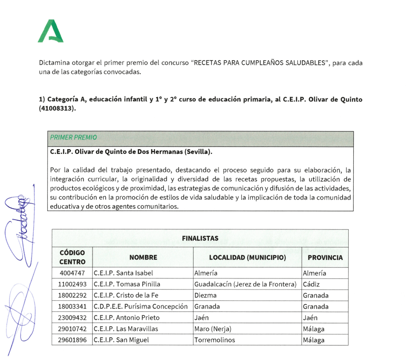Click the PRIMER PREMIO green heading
(x=74, y=138)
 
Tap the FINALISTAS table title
(x=200, y=238)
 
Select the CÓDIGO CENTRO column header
(x=72, y=257)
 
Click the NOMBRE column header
(x=143, y=258)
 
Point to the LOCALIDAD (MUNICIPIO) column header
(x=247, y=258)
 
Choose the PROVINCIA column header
(x=325, y=258)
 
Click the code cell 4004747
(x=72, y=273)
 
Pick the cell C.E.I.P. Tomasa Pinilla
(x=123, y=284)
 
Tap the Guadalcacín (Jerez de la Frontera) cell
(x=245, y=284)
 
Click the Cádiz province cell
(x=312, y=284)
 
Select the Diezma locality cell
(x=206, y=295)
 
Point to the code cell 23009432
(x=72, y=318)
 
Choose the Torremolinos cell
(x=215, y=340)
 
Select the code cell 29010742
(x=72, y=329)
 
